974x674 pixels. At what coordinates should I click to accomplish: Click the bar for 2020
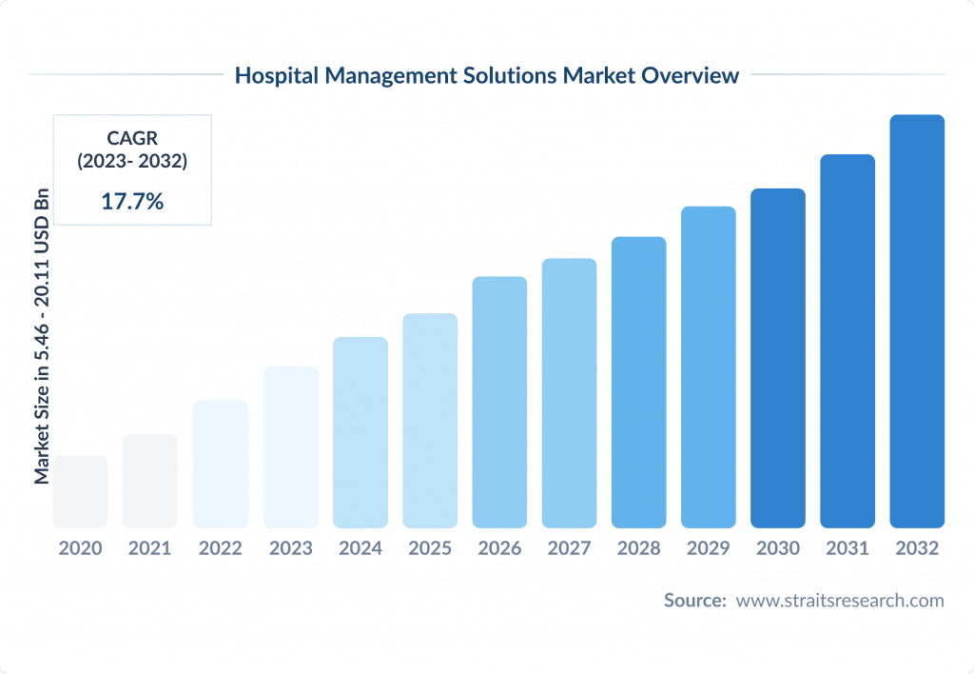coord(80,491)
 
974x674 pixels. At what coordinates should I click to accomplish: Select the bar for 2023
coord(290,447)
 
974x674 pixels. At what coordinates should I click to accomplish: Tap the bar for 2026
coord(499,402)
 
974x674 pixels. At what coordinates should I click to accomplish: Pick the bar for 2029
coord(709,367)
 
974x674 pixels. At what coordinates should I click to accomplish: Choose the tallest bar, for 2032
coord(917,321)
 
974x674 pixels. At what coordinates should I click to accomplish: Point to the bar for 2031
coord(847,341)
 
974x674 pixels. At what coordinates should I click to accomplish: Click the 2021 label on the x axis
coord(149,548)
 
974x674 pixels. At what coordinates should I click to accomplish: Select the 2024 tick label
coord(360,548)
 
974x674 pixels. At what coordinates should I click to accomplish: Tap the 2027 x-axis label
coord(569,548)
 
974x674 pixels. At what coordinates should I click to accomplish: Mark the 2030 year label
coord(778,548)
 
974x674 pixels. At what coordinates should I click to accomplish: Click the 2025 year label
coord(430,548)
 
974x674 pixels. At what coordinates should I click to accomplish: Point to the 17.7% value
coord(132,200)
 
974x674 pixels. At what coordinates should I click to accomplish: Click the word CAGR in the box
coord(132,139)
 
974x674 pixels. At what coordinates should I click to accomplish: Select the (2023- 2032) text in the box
coord(132,161)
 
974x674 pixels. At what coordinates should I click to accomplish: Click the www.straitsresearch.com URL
coord(840,600)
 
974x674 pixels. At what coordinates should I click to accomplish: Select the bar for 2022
coord(220,464)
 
